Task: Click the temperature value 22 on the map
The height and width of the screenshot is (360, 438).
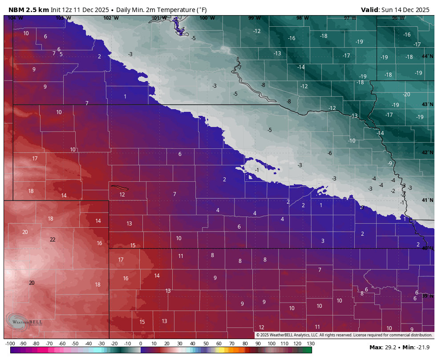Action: (x=53, y=240)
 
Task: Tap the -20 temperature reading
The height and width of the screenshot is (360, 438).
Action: (x=406, y=94)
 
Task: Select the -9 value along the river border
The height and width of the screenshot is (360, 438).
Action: (x=389, y=164)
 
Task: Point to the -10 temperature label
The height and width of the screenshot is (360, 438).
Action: (x=352, y=141)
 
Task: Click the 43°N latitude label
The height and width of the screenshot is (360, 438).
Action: (x=427, y=105)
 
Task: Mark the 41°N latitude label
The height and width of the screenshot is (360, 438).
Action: (x=427, y=200)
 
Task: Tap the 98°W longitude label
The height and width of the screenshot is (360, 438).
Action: (x=302, y=18)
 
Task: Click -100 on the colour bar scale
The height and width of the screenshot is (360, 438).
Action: (x=10, y=344)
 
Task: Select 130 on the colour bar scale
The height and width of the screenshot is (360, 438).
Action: (x=310, y=344)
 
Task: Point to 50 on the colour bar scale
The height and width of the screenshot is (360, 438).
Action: (x=206, y=344)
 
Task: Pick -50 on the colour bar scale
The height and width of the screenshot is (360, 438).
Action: (x=75, y=344)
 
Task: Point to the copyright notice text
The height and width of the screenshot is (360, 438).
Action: (x=344, y=335)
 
